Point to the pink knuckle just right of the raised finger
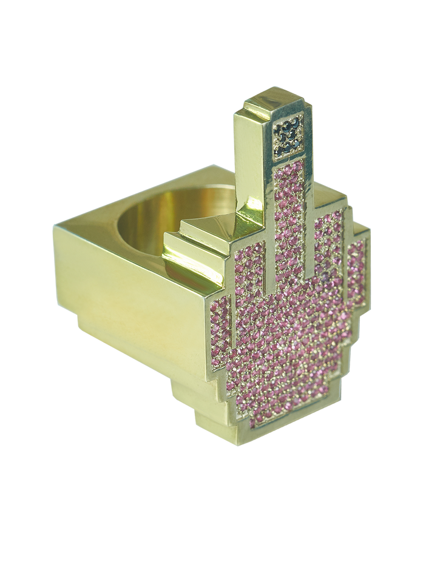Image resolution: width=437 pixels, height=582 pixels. [x=328, y=242]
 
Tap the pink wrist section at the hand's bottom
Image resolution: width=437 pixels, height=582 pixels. [x=285, y=424]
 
